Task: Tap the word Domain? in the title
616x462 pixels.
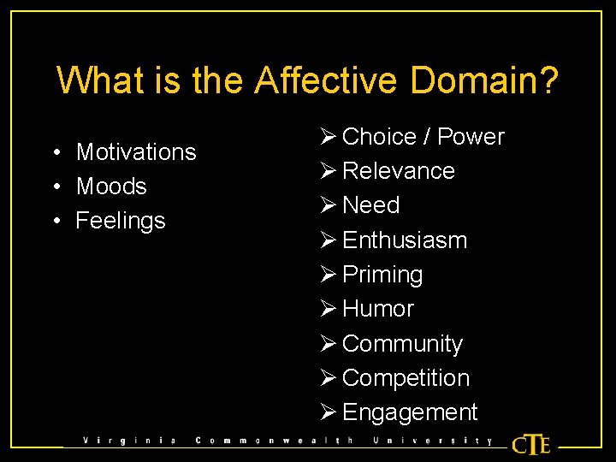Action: [485, 80]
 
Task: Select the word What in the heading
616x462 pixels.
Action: [95, 80]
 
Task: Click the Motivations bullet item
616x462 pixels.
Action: [136, 152]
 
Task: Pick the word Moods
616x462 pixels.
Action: [111, 187]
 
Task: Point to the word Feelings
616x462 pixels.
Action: [121, 221]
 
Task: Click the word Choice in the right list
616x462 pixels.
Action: [379, 137]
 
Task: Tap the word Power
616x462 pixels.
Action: [471, 137]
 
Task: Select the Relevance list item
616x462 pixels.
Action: [398, 171]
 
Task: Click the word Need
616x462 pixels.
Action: [370, 205]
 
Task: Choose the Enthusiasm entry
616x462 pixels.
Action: [405, 240]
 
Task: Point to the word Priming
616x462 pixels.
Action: [382, 275]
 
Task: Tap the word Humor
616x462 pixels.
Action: [377, 309]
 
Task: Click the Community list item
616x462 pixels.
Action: [402, 344]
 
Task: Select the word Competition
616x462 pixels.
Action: [406, 378]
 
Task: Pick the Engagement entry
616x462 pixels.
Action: [410, 412]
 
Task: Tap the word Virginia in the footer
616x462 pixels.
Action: [129, 441]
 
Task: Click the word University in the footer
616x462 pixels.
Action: [432, 441]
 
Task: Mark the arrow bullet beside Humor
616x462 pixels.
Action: [329, 309]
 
